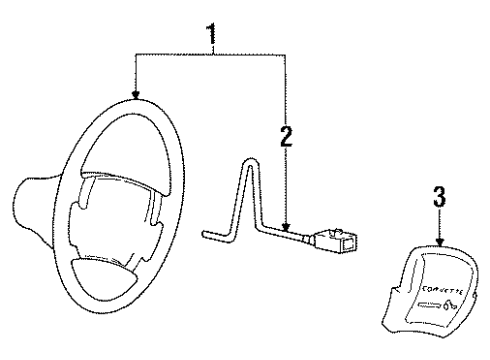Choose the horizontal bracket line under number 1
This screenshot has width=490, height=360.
point(210,58)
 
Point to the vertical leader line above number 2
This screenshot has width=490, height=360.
point(286,90)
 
